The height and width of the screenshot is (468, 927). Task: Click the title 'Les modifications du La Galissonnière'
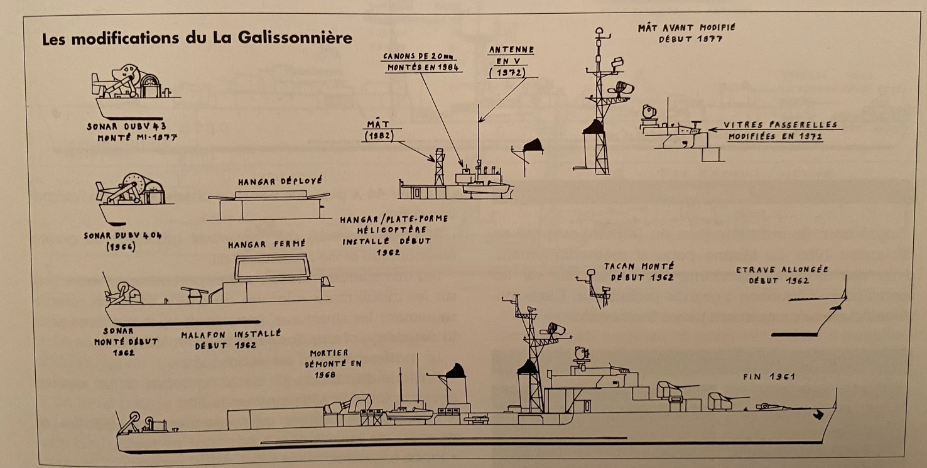click(x=197, y=38)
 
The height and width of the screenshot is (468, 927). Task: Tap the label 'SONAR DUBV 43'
click(x=127, y=126)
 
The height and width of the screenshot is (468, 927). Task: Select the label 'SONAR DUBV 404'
click(x=122, y=236)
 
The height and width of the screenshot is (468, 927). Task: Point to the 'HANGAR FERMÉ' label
click(x=266, y=244)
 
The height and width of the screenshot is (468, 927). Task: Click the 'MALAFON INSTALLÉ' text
click(x=230, y=335)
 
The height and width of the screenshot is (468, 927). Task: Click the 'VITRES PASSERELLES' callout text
click(x=781, y=126)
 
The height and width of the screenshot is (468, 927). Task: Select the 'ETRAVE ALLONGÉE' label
click(x=782, y=270)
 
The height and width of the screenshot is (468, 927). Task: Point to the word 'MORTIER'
click(x=328, y=353)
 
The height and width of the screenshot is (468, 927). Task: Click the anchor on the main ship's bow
click(x=818, y=415)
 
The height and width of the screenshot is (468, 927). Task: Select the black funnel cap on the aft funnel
click(x=455, y=370)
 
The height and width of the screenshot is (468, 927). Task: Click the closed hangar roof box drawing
click(x=272, y=268)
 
